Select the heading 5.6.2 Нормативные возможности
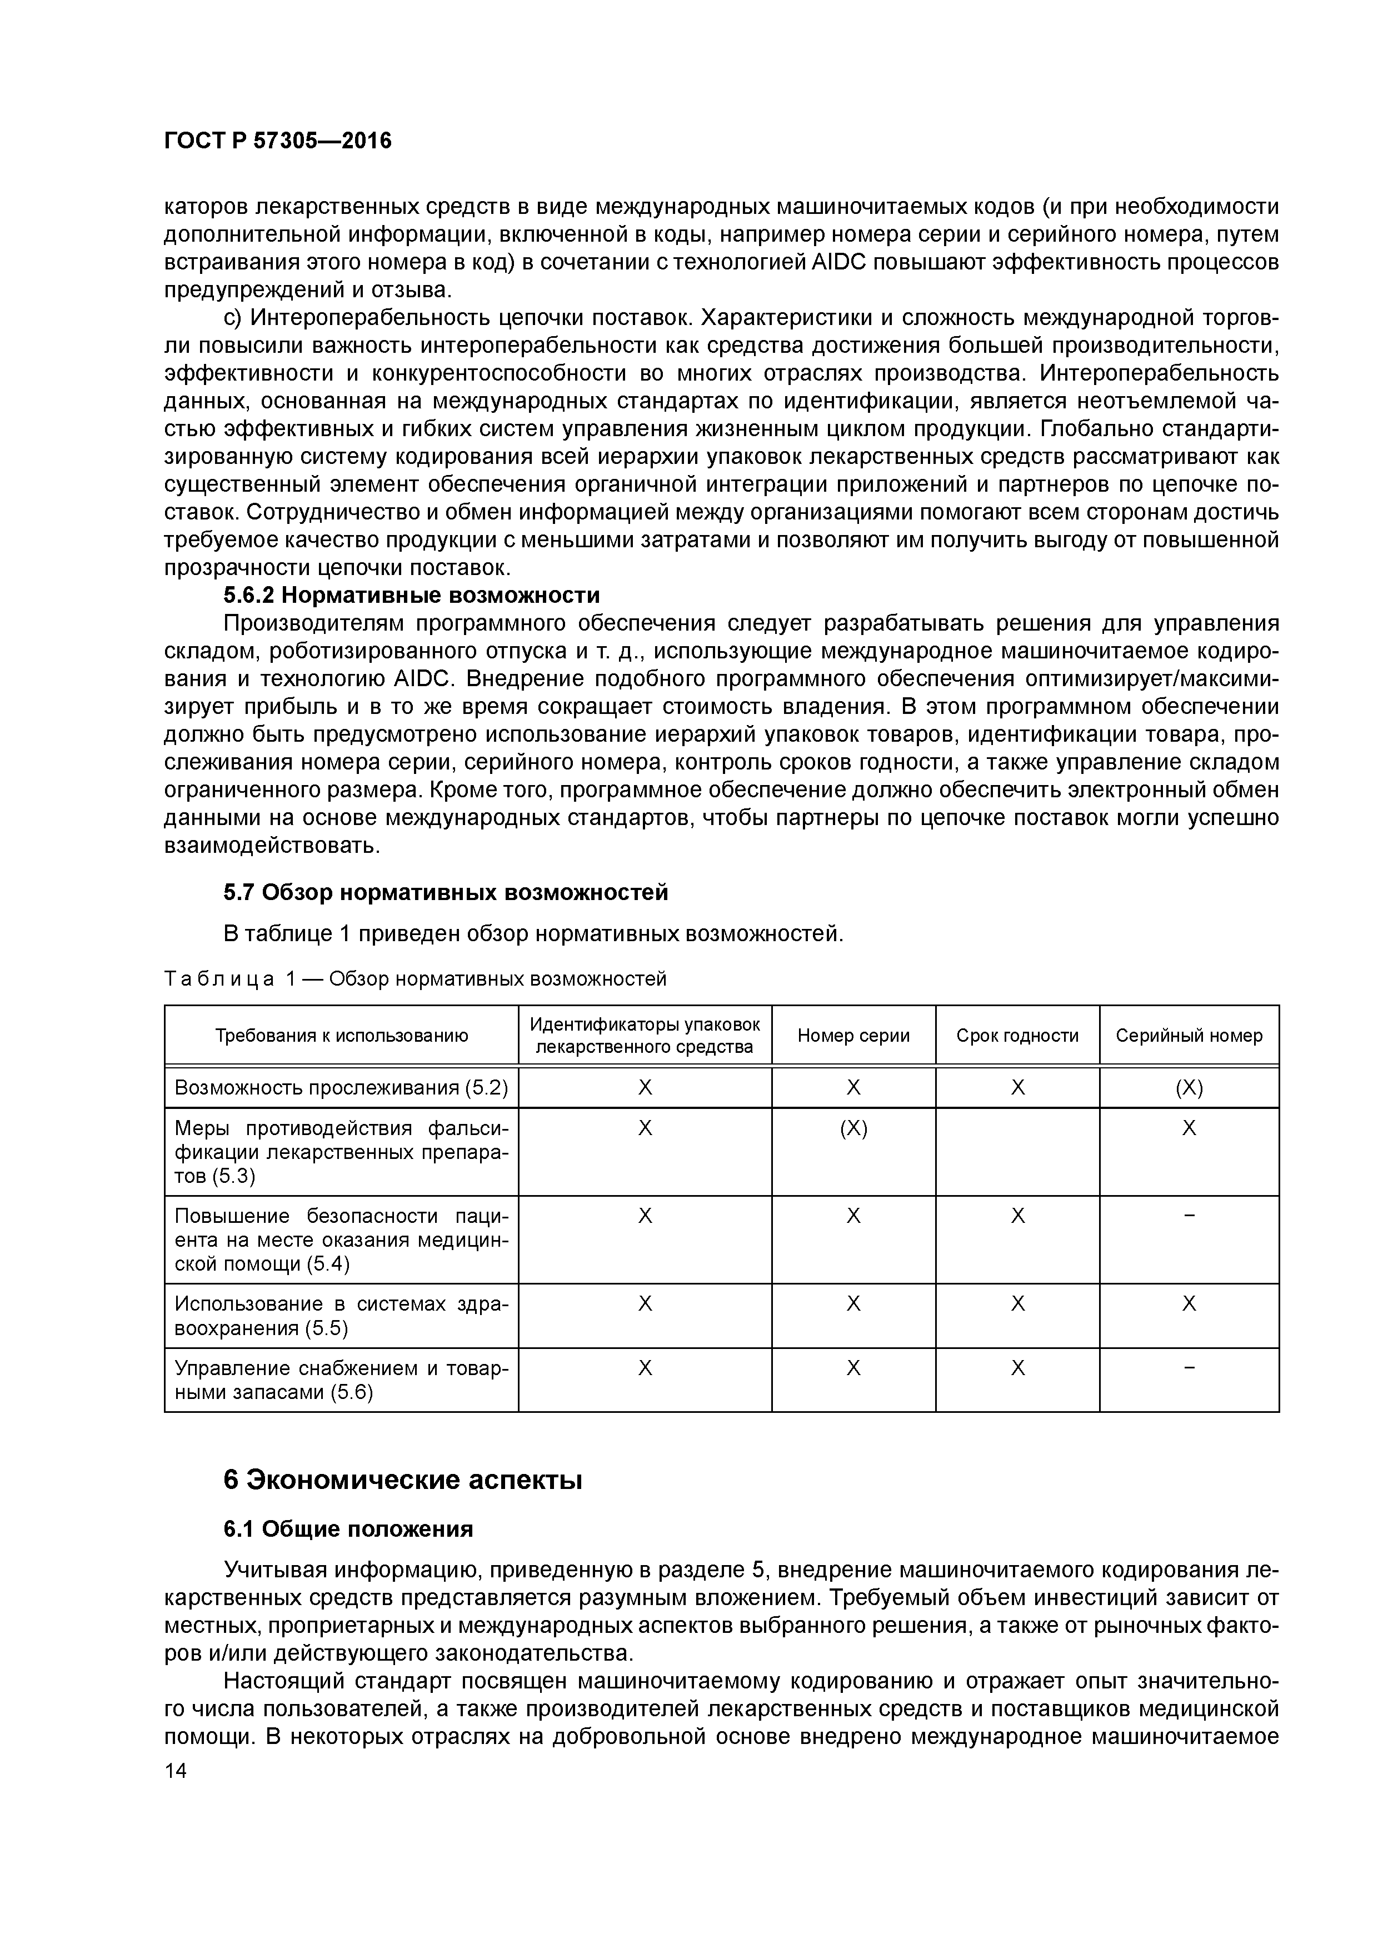pyautogui.click(x=411, y=595)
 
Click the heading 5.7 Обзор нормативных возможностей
pyautogui.click(x=446, y=892)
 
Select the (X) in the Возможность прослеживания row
pyautogui.click(x=1189, y=1088)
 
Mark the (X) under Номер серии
pyautogui.click(x=853, y=1128)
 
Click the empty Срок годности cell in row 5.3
pyautogui.click(x=1017, y=1152)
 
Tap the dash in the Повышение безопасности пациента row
pyautogui.click(x=1189, y=1216)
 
